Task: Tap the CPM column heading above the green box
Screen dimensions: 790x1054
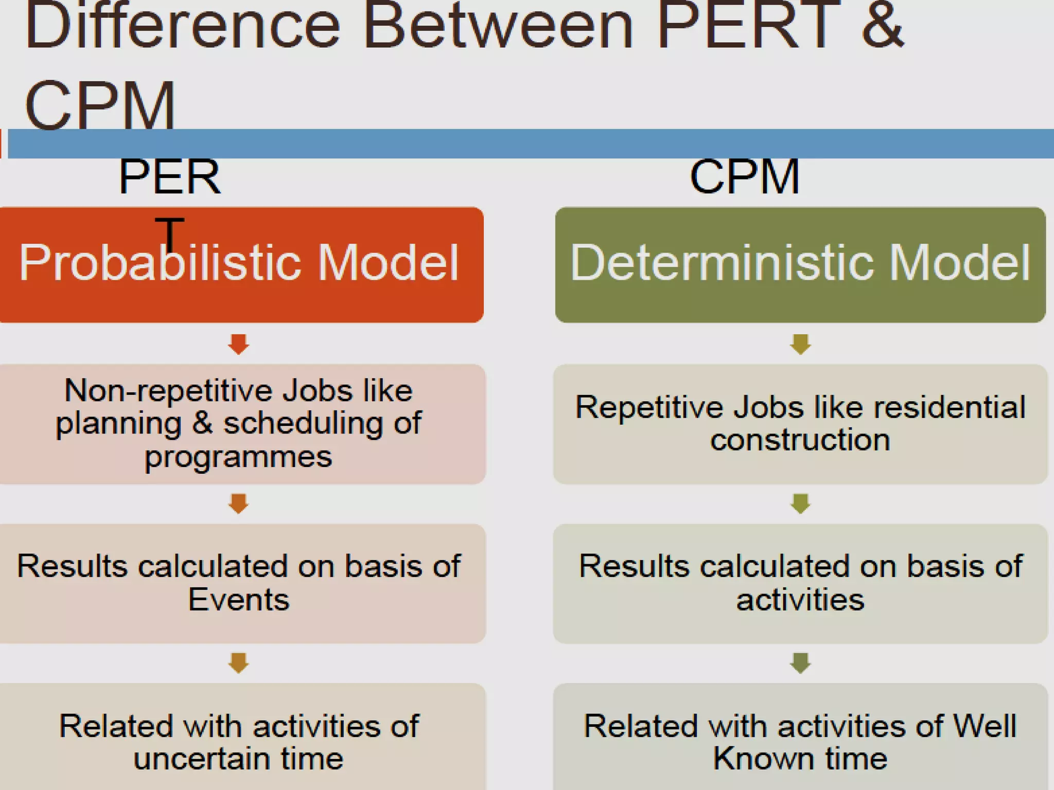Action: click(745, 177)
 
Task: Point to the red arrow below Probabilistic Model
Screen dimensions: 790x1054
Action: click(238, 344)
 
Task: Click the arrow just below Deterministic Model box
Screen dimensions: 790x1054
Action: click(800, 344)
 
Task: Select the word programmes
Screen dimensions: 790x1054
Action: click(238, 457)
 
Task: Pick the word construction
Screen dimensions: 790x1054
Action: click(800, 440)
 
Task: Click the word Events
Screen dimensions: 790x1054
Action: click(238, 600)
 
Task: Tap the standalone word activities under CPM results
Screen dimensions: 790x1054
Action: click(800, 600)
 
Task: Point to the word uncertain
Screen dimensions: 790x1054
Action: click(202, 759)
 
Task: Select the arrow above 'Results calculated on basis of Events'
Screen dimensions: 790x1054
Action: click(238, 504)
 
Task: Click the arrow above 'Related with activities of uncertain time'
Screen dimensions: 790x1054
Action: click(238, 663)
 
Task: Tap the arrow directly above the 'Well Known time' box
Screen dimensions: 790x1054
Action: click(800, 663)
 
